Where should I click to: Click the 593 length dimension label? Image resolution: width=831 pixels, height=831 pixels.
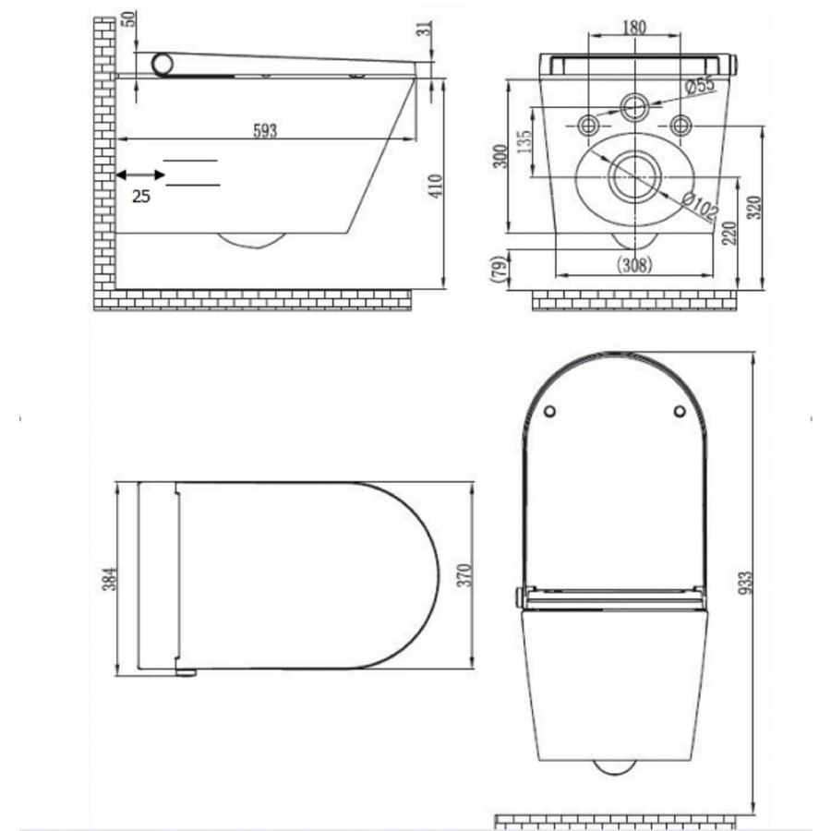[x=265, y=130]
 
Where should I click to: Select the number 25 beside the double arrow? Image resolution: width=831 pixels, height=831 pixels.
[x=140, y=195]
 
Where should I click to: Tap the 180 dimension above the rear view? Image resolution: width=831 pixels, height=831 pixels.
[x=633, y=27]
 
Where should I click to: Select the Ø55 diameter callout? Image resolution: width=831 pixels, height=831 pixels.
[x=701, y=86]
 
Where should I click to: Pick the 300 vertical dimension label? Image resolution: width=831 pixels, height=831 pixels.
[x=500, y=156]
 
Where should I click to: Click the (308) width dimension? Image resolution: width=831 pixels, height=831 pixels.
[x=633, y=265]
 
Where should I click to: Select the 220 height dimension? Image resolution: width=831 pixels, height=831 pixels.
[x=729, y=233]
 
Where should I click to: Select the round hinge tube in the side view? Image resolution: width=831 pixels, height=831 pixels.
[x=164, y=64]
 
